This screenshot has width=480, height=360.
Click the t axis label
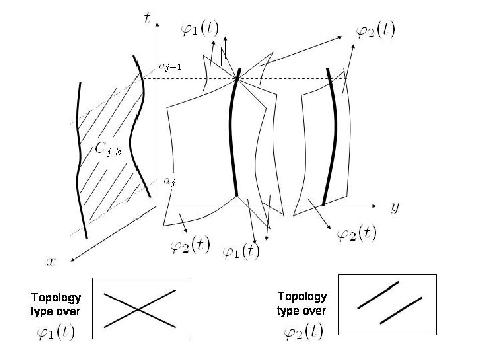point(147,18)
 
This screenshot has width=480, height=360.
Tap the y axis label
point(395,208)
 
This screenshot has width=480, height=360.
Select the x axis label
point(52,262)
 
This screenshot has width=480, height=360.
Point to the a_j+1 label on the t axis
point(170,67)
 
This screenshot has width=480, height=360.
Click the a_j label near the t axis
point(170,182)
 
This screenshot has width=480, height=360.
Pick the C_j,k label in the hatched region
point(108,150)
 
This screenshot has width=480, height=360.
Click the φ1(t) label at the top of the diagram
point(199,29)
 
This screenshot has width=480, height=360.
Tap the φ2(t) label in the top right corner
point(375,31)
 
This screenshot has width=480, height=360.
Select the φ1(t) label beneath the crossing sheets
point(241,252)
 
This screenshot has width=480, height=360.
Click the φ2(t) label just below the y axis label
point(357,233)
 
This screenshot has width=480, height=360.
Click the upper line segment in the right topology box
point(378,295)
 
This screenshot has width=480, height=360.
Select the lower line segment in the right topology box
point(401,310)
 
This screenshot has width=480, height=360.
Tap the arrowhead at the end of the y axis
point(374,206)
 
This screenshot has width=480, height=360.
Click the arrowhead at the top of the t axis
point(157,25)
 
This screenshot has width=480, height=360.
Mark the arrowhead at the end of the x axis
point(73,260)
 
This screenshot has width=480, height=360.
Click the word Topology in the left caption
point(56,297)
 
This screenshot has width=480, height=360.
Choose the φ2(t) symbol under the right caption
point(303,332)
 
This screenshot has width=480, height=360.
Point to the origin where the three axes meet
point(157,206)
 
